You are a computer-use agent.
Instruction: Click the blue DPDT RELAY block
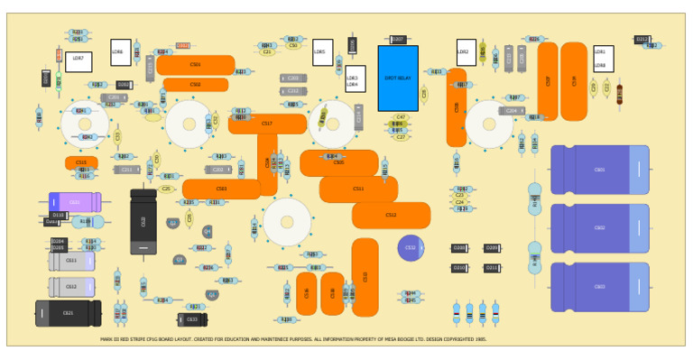(397, 78)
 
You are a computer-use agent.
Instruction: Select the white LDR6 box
(120, 52)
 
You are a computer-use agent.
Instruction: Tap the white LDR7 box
(79, 61)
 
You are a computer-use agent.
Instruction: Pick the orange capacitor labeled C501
(196, 65)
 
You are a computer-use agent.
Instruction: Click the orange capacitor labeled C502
(196, 85)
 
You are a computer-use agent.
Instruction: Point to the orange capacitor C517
(267, 124)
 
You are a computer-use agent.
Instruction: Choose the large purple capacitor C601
(599, 170)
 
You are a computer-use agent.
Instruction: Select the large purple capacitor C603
(599, 287)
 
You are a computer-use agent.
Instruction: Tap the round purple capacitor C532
(411, 247)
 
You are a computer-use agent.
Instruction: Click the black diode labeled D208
(459, 248)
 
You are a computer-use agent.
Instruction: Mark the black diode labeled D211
(492, 268)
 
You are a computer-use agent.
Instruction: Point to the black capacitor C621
(68, 313)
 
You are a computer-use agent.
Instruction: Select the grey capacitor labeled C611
(71, 261)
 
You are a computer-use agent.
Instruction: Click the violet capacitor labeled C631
(75, 202)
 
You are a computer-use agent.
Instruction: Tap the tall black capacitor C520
(143, 221)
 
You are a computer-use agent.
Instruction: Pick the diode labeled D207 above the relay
(397, 40)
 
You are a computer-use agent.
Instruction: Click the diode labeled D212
(642, 40)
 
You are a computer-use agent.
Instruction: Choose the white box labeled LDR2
(466, 52)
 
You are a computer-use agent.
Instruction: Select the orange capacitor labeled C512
(391, 216)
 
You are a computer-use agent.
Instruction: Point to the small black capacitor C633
(192, 319)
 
